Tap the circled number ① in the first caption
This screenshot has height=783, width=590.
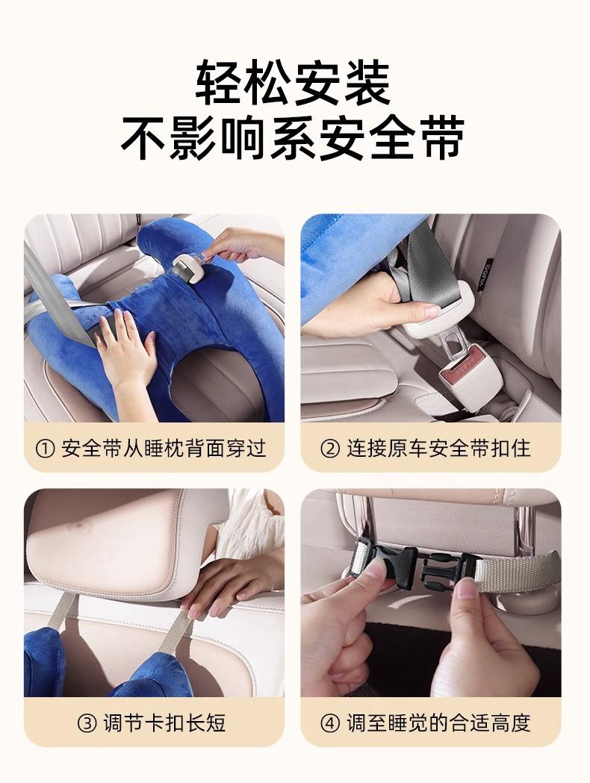tap(45, 449)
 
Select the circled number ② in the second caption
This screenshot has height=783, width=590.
tap(329, 449)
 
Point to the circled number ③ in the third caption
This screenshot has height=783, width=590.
tap(87, 723)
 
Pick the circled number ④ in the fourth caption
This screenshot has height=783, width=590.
tap(329, 723)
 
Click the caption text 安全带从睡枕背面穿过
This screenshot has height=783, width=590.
tap(164, 449)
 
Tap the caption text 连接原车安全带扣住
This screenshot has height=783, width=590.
tap(438, 449)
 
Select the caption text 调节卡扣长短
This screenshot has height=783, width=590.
tap(165, 723)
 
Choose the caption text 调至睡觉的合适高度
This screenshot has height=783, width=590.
tap(438, 723)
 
